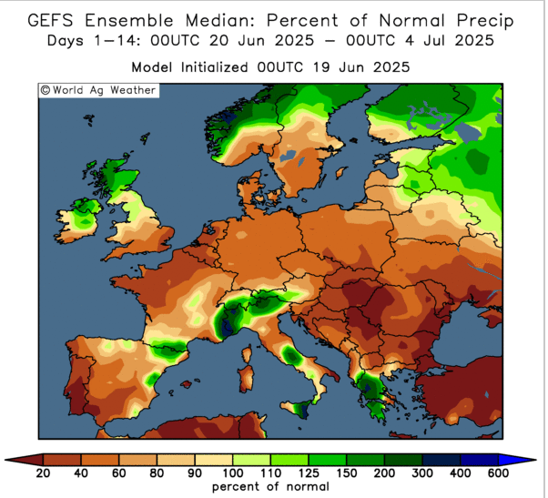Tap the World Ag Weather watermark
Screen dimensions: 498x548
pos(97,90)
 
